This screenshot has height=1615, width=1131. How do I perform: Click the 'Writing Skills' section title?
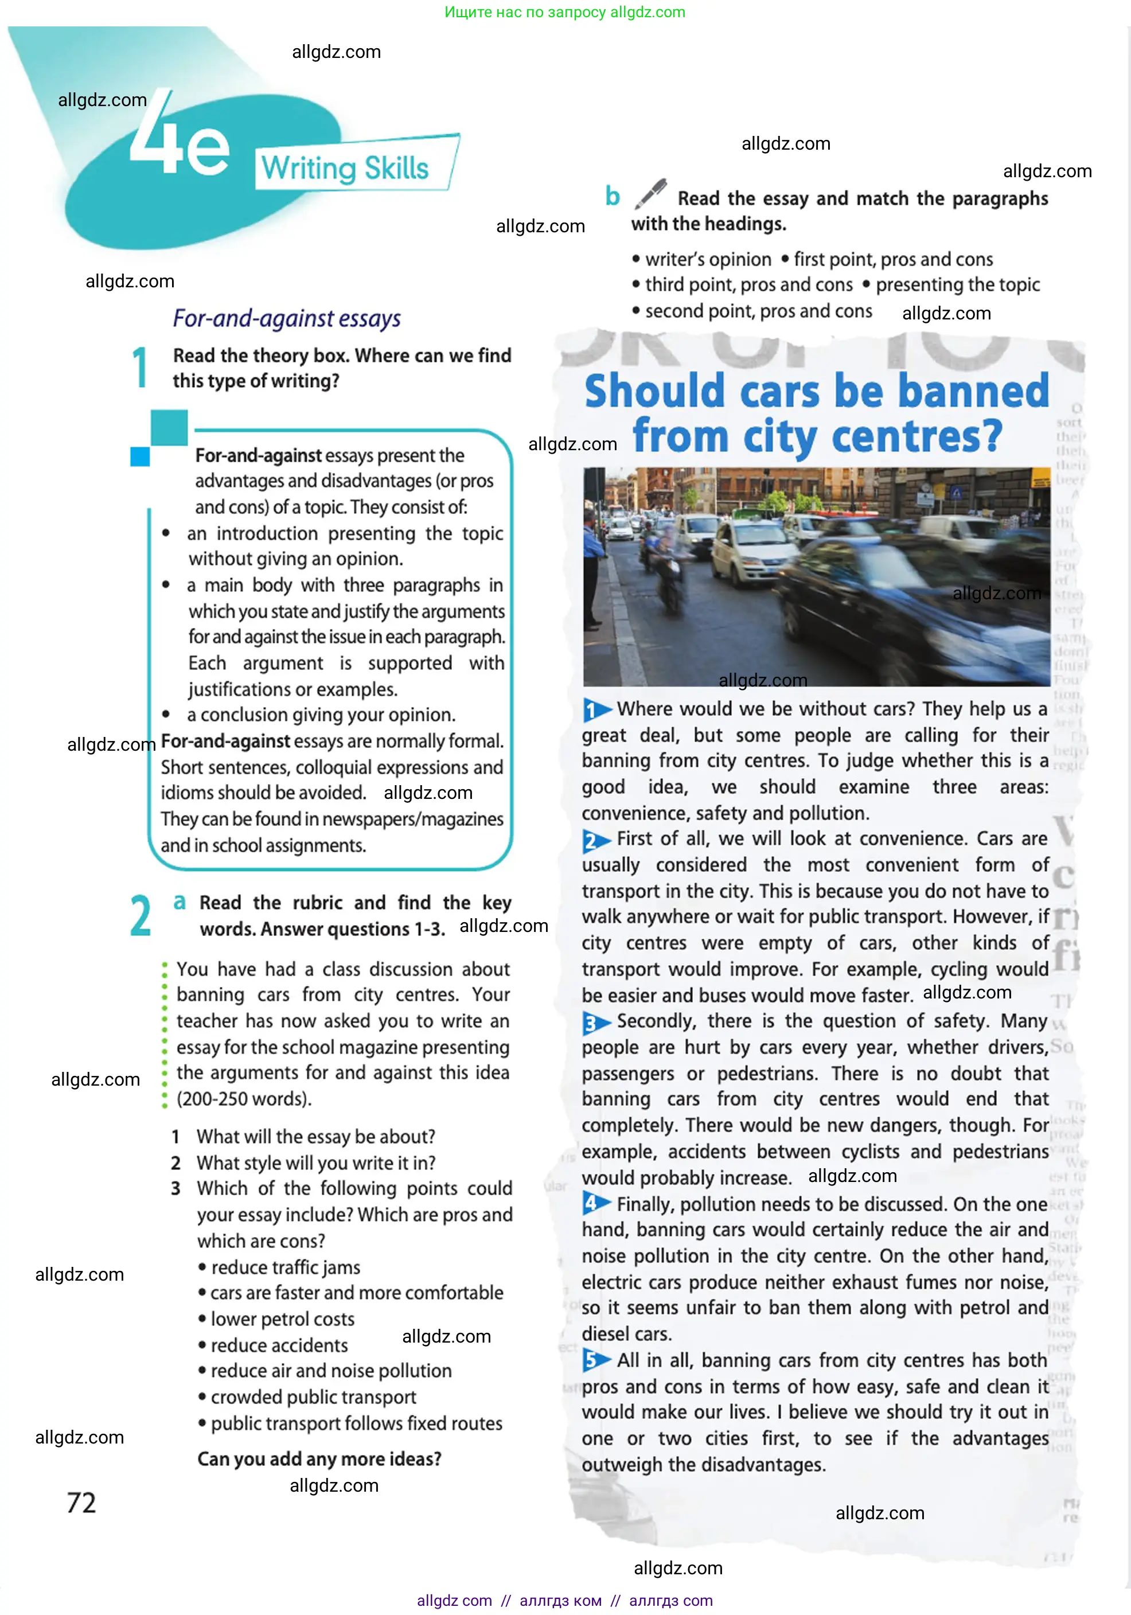pyautogui.click(x=345, y=168)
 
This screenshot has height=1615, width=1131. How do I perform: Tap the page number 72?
pyautogui.click(x=81, y=1503)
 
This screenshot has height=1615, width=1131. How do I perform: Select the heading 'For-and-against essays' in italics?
pyautogui.click(x=286, y=319)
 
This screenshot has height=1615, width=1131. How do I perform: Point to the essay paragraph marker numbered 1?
pyautogui.click(x=595, y=710)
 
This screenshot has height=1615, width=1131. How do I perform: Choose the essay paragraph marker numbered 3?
pyautogui.click(x=595, y=1023)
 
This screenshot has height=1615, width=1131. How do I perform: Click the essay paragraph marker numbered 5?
pyautogui.click(x=595, y=1361)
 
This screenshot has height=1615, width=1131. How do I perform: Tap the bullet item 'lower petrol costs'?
pyautogui.click(x=282, y=1319)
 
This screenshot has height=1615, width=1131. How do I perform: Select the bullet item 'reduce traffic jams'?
pyautogui.click(x=286, y=1267)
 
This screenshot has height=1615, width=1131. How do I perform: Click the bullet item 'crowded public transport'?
pyautogui.click(x=313, y=1397)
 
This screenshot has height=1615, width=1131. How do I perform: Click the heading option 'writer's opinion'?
pyautogui.click(x=708, y=260)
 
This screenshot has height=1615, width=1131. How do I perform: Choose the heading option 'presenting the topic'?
pyautogui.click(x=957, y=285)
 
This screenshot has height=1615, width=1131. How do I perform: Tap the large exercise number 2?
pyautogui.click(x=141, y=916)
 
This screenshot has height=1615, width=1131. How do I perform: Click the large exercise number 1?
pyautogui.click(x=141, y=367)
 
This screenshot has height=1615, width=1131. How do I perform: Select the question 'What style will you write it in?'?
pyautogui.click(x=316, y=1163)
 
